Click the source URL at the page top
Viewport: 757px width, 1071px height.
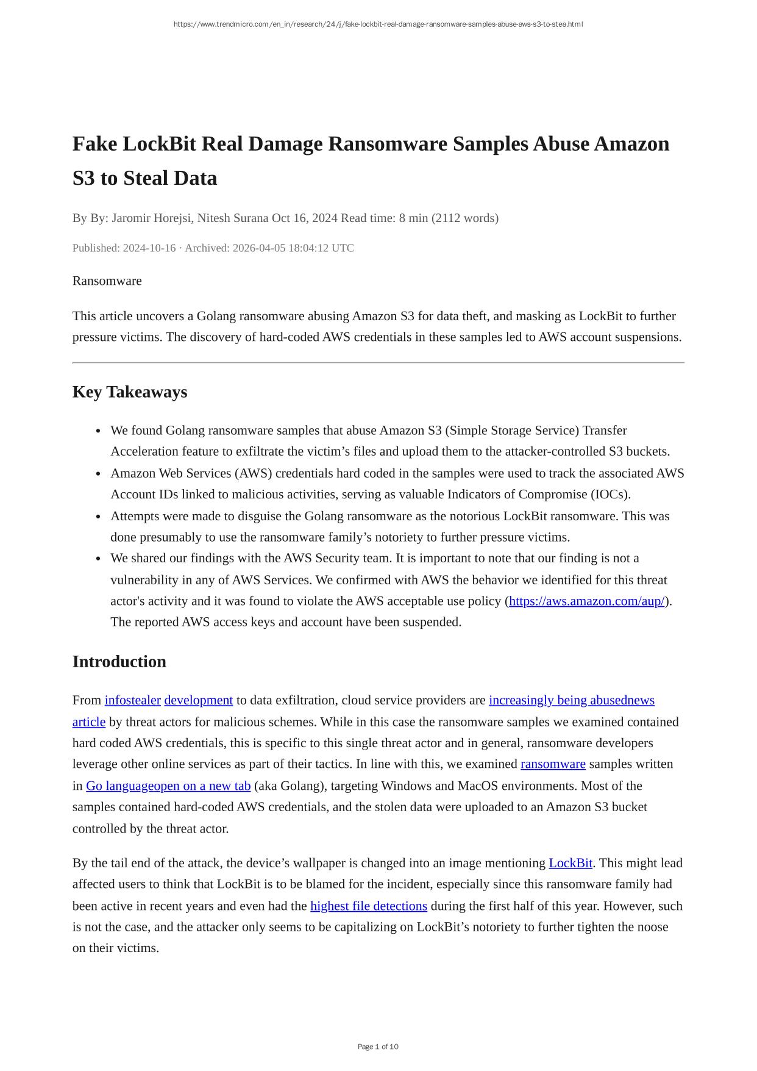[378, 24]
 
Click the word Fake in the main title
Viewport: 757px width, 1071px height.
[95, 145]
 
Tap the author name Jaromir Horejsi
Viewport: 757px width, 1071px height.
[152, 218]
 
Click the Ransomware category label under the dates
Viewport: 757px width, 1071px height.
[107, 281]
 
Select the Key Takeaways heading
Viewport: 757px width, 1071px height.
[130, 392]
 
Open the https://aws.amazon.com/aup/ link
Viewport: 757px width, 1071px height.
[586, 601]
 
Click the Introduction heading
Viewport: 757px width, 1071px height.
[119, 662]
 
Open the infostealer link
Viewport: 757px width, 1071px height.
[132, 700]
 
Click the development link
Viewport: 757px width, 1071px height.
[198, 700]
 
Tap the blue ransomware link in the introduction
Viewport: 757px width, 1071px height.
[553, 764]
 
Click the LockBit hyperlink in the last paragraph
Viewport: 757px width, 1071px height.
[570, 864]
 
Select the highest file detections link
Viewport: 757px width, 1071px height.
[368, 906]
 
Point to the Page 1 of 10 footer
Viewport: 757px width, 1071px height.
[378, 1047]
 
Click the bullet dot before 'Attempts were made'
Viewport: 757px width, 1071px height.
[99, 517]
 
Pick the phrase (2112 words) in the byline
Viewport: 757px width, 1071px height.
[465, 218]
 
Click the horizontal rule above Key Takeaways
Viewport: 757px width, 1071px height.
[378, 363]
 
